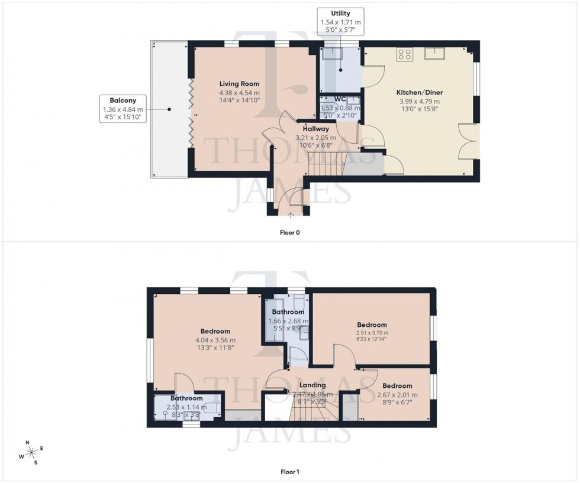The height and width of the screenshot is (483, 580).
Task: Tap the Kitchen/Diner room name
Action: [420, 93]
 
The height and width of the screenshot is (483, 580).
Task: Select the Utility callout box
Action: [340, 21]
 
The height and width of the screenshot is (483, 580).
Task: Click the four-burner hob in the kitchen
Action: [405, 55]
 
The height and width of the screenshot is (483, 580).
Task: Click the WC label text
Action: [340, 99]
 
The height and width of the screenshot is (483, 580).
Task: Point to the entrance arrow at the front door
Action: [290, 216]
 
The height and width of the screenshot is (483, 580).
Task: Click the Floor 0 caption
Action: [289, 232]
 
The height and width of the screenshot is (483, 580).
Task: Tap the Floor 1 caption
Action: [289, 472]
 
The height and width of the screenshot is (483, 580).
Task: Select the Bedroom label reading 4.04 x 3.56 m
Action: [215, 331]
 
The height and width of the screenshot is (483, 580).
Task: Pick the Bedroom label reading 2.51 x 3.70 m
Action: [372, 325]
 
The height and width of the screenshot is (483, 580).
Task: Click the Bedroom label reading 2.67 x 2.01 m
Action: [397, 387]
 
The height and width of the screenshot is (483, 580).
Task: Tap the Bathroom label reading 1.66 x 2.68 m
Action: [288, 312]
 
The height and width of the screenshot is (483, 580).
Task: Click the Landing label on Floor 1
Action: [312, 385]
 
